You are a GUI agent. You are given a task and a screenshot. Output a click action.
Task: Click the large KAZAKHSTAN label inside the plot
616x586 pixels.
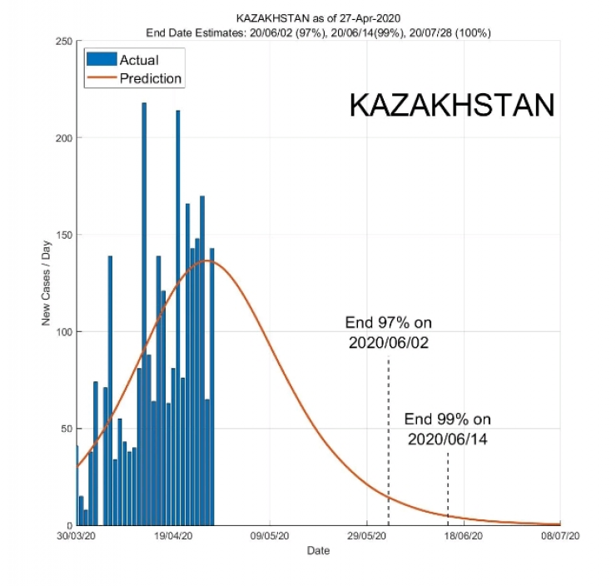[x=451, y=106]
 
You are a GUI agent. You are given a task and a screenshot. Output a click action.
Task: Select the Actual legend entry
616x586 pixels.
[x=138, y=60]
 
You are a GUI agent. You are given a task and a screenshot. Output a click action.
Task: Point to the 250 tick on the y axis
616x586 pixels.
[x=63, y=41]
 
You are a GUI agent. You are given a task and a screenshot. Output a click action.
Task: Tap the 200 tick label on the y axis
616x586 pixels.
[x=63, y=138]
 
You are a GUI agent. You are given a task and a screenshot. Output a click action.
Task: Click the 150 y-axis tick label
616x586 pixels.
[x=63, y=235]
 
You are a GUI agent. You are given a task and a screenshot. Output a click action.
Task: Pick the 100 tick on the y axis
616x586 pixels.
[x=63, y=332]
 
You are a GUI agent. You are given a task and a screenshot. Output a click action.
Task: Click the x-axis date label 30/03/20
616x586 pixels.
[x=77, y=538]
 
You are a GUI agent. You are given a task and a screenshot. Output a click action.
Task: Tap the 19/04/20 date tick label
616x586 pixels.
[x=173, y=538]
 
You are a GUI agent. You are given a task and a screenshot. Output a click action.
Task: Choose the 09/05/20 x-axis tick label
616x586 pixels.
[x=270, y=538]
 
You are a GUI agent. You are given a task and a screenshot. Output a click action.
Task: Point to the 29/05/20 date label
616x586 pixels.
[x=367, y=538]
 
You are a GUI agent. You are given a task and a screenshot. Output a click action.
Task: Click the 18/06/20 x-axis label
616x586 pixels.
[x=464, y=538]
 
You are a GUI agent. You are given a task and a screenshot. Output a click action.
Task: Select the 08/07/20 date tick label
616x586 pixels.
[x=559, y=538]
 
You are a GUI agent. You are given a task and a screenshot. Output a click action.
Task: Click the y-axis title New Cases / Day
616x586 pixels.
[x=47, y=283]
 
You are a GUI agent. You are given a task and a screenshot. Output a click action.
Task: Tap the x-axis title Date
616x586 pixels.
[x=318, y=551]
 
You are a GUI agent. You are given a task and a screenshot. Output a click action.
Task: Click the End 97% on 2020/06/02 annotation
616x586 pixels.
[x=389, y=333]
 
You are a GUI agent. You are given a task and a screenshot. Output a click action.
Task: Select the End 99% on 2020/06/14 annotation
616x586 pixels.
[x=447, y=429]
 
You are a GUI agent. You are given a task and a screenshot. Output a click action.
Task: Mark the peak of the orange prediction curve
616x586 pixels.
[x=209, y=261]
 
